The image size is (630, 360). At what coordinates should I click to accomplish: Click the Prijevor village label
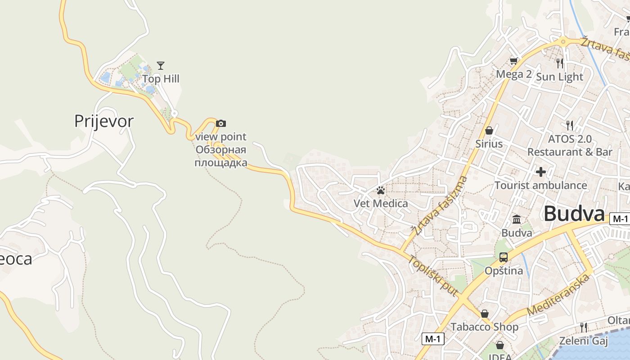(x=104, y=121)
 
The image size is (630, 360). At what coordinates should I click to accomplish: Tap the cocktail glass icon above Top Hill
(x=161, y=66)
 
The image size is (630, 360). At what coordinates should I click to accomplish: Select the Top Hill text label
(x=161, y=79)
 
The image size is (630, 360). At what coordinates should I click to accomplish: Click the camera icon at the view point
(x=221, y=123)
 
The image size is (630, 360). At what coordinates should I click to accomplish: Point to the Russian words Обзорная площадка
(x=221, y=156)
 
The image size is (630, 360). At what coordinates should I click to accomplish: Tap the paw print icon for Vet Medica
(x=381, y=190)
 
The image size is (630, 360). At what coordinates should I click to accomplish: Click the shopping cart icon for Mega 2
(x=513, y=61)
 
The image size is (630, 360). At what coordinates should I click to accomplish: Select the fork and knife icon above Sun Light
(x=560, y=63)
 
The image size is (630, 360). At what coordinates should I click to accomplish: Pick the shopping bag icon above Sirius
(x=489, y=130)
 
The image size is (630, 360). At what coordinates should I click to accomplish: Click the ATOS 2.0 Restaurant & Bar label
(x=570, y=145)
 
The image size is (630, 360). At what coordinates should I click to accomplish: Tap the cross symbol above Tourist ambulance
(x=541, y=171)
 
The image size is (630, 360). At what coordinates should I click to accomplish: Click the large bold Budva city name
(x=573, y=214)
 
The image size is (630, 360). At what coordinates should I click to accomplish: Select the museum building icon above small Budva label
(x=517, y=220)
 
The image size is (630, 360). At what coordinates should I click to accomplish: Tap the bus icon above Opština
(x=504, y=257)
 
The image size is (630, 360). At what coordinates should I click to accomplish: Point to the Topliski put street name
(x=433, y=276)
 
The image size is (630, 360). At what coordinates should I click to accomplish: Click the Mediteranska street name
(x=558, y=295)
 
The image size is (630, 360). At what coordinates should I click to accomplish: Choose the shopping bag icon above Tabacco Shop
(x=485, y=314)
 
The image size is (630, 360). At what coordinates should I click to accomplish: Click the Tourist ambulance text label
(x=541, y=185)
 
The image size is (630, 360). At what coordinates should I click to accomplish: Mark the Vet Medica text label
(x=381, y=203)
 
